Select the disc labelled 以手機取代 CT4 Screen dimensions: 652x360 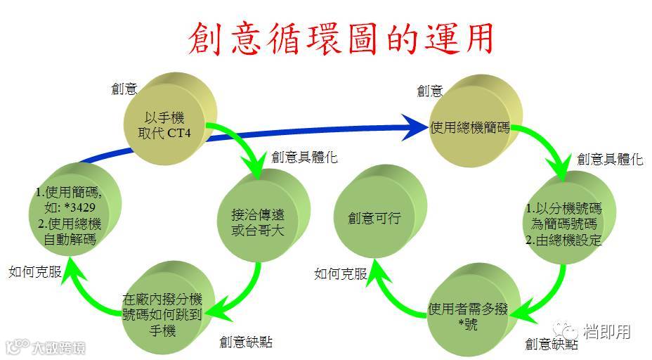(x=167, y=126)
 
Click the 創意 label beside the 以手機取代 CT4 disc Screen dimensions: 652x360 (x=124, y=89)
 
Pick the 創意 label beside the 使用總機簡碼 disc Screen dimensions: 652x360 (x=429, y=90)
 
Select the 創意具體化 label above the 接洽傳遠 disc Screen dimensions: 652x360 (x=304, y=157)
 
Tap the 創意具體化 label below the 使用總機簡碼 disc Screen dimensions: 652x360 (x=609, y=159)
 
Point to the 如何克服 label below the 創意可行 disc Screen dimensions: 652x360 (x=340, y=274)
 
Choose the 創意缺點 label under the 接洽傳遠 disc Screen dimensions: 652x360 (x=245, y=342)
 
